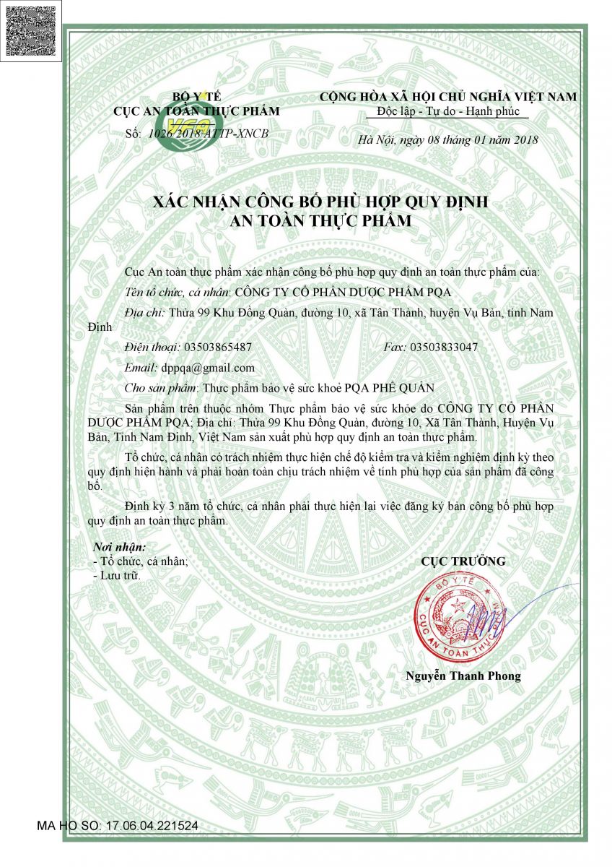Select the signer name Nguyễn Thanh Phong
click(x=463, y=676)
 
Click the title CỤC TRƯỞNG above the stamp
click(x=463, y=561)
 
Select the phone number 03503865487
click(x=219, y=347)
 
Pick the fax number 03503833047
click(x=444, y=347)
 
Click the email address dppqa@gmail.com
click(x=208, y=368)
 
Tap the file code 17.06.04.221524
click(x=152, y=824)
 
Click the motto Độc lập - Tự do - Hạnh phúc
click(x=447, y=111)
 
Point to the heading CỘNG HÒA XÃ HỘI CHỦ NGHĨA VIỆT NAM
click(x=448, y=97)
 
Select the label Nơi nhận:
click(x=120, y=547)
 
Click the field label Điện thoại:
click(x=152, y=347)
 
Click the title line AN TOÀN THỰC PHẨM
click(x=320, y=222)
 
